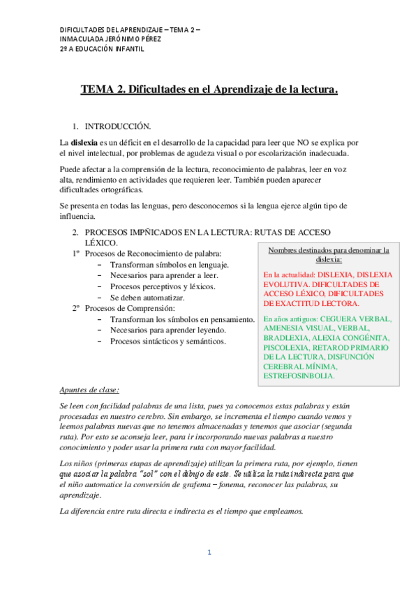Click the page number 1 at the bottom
point(208,553)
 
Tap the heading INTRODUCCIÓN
point(118,126)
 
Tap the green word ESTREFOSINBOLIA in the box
point(298,376)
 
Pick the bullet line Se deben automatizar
point(152,298)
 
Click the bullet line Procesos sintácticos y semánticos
point(167,341)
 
